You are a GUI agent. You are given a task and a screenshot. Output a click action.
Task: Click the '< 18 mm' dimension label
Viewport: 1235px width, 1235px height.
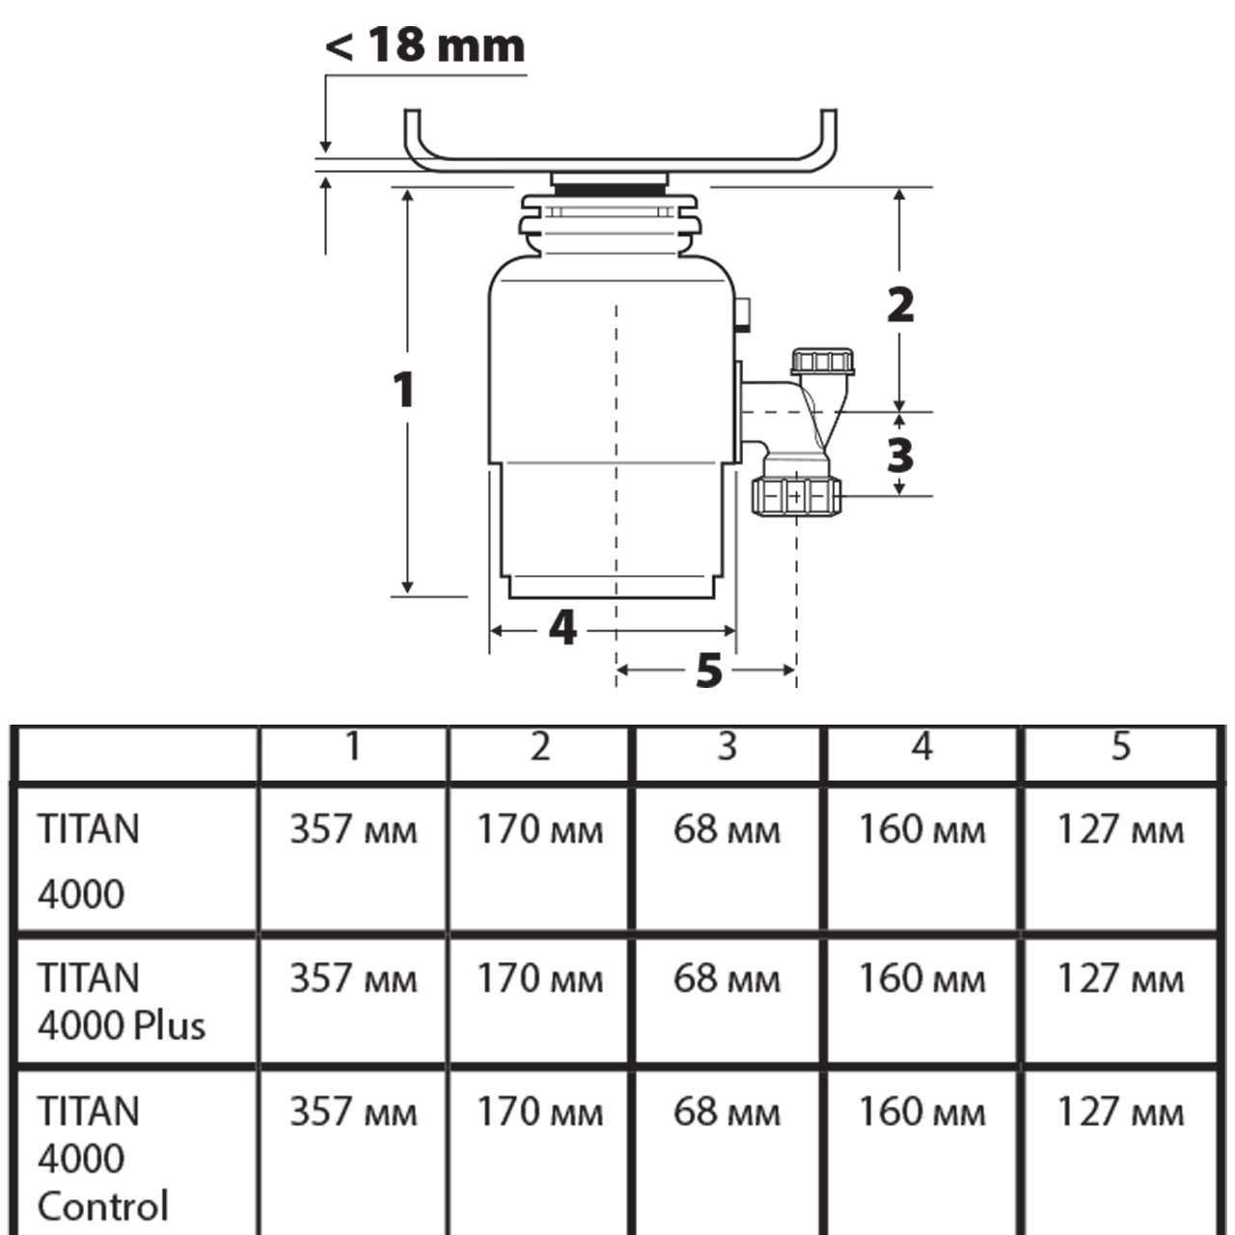(425, 45)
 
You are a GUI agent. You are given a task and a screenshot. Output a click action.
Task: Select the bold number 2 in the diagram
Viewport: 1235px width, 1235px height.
(900, 305)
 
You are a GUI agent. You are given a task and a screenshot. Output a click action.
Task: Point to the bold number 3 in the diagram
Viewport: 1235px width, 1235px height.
(900, 455)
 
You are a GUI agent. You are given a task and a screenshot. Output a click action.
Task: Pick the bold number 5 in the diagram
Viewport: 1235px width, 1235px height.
(709, 671)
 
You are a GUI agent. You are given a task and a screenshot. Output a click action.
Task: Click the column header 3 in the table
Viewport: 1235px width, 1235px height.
(727, 747)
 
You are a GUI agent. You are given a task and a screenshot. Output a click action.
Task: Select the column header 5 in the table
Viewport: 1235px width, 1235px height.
(1120, 747)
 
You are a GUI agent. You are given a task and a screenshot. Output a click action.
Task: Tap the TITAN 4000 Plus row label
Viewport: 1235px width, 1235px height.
(122, 1002)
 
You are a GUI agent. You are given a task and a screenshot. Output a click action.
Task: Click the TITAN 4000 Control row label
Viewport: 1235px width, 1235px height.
(102, 1159)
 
